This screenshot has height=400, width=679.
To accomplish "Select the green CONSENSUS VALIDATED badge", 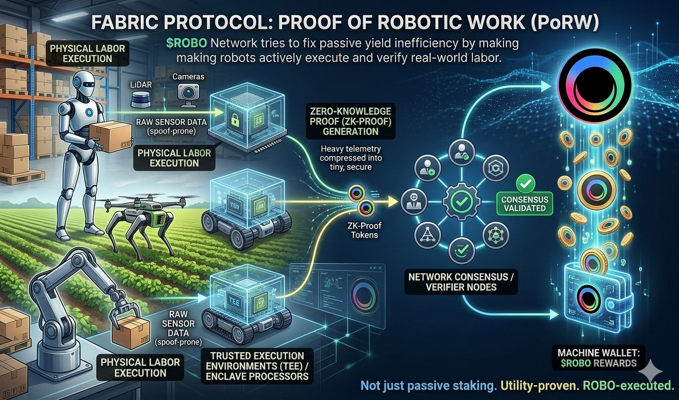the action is tap(524, 203).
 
